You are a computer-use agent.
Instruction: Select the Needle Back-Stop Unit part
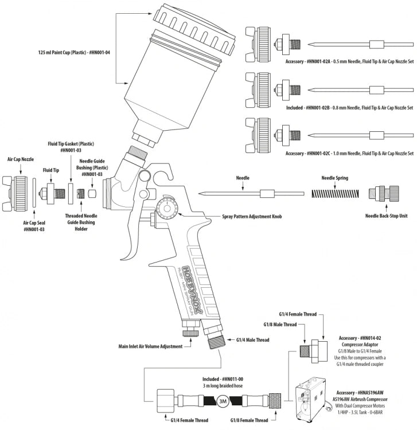(x=381, y=195)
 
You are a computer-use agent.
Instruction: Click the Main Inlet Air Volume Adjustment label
(x=150, y=346)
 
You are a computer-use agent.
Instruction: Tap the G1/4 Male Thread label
(x=253, y=341)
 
